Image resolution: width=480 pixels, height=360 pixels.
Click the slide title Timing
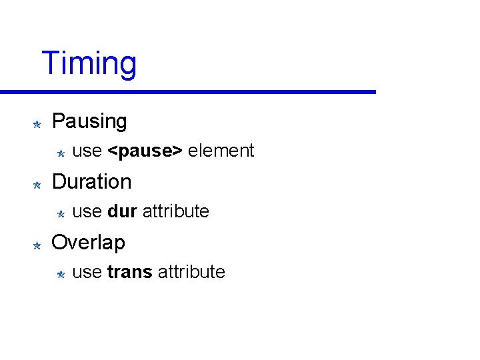(89, 64)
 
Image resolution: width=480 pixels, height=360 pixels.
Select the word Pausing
(89, 121)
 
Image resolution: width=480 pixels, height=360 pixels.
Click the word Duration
(91, 181)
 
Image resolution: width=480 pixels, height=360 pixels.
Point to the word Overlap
(88, 242)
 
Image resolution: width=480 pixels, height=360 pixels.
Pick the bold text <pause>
(145, 151)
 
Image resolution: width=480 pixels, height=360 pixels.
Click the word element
(221, 151)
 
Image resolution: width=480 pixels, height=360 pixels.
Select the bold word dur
(122, 211)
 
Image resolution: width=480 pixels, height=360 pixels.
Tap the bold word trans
(129, 272)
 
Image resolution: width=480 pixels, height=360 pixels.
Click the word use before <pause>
(87, 151)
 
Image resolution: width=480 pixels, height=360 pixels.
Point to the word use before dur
(87, 212)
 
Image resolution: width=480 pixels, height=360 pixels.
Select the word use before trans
(87, 273)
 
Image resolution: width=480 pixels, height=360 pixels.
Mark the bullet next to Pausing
(37, 123)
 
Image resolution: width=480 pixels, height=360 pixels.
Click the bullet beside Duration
(37, 184)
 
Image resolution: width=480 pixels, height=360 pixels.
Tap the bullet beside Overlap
(37, 245)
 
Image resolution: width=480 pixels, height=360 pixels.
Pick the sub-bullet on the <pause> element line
(59, 153)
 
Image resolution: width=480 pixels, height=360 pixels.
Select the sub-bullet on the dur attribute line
(59, 214)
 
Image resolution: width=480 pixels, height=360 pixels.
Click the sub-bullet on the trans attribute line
(59, 274)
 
